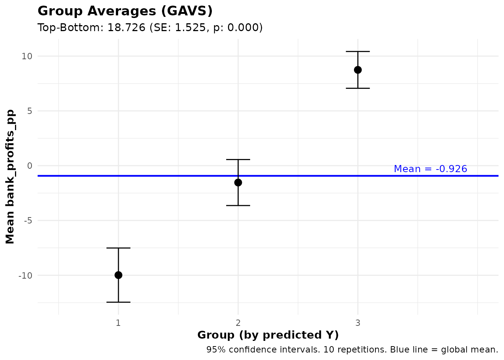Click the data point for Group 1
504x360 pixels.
[x=118, y=275]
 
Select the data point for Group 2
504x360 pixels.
[x=238, y=183]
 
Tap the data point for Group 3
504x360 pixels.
[x=358, y=70]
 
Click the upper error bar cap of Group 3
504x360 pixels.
[x=358, y=51]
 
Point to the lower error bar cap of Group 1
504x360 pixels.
[x=118, y=302]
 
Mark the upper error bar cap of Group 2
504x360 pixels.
[x=238, y=159]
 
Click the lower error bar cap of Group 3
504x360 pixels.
[x=358, y=88]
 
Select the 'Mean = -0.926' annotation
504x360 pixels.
[x=430, y=169]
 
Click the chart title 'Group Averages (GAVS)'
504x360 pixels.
[x=125, y=11]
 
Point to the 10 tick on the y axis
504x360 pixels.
[x=27, y=56]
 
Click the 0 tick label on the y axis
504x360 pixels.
[x=30, y=166]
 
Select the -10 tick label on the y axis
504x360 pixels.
[x=26, y=275]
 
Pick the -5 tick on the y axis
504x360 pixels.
[x=28, y=220]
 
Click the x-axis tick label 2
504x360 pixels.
[x=238, y=323]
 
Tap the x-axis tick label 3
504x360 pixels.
[x=358, y=323]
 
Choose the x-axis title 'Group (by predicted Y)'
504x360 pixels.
[x=268, y=335]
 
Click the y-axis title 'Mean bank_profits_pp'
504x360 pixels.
[x=10, y=177]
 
